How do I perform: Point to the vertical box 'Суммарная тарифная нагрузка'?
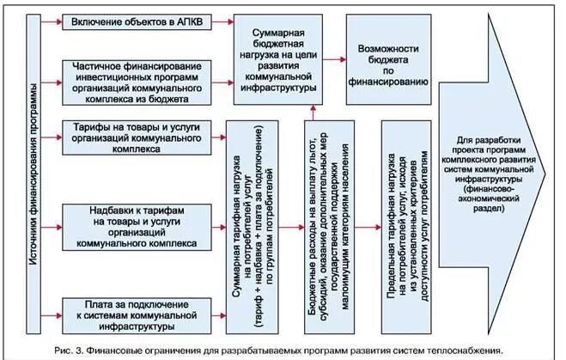click(254, 227)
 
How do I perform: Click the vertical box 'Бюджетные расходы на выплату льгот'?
click(329, 227)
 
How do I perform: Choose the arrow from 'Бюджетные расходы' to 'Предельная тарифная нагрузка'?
click(368, 227)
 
